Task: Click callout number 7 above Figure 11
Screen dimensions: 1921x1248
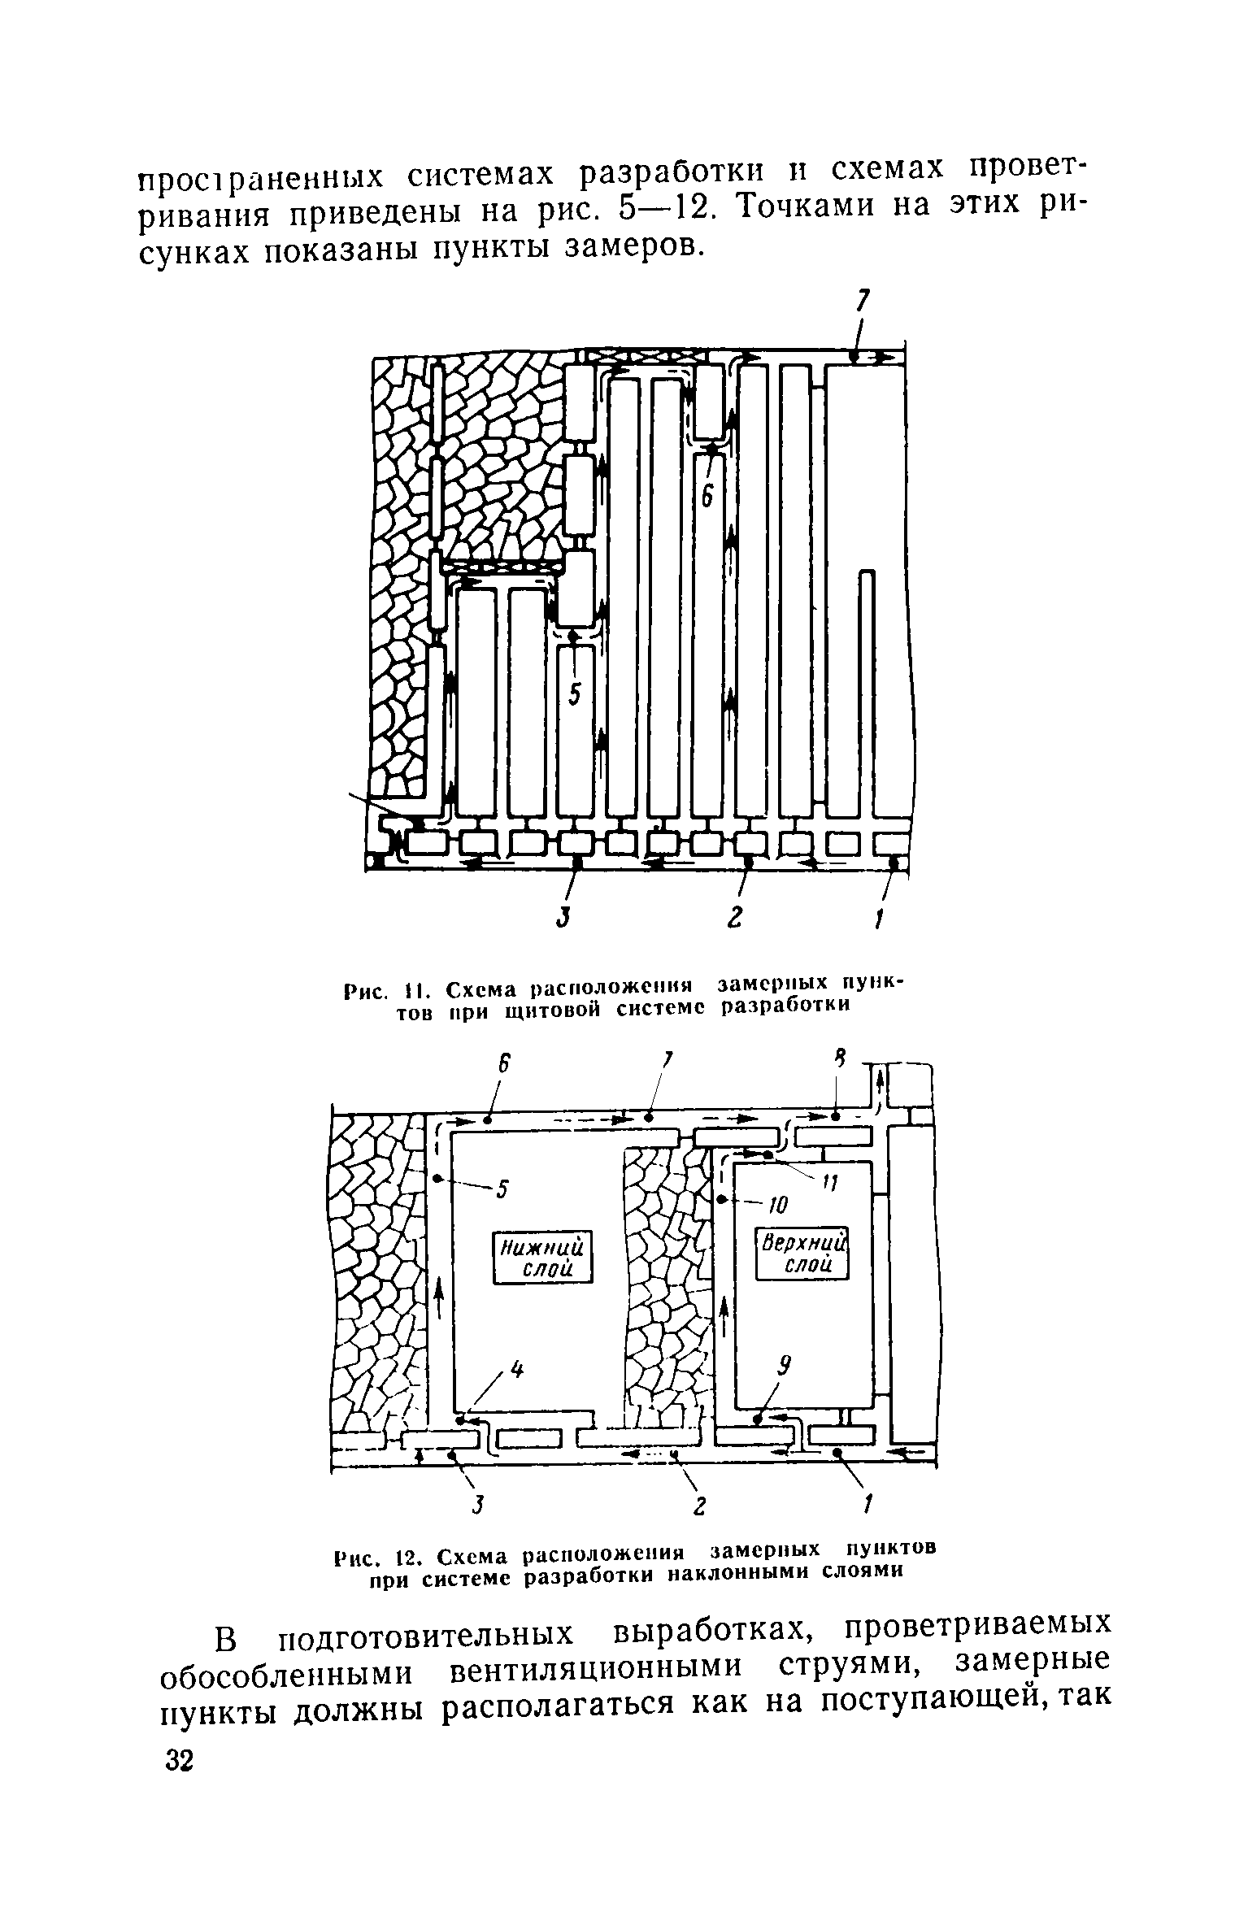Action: coord(863,302)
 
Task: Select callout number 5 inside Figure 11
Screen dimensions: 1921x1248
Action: coord(576,693)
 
